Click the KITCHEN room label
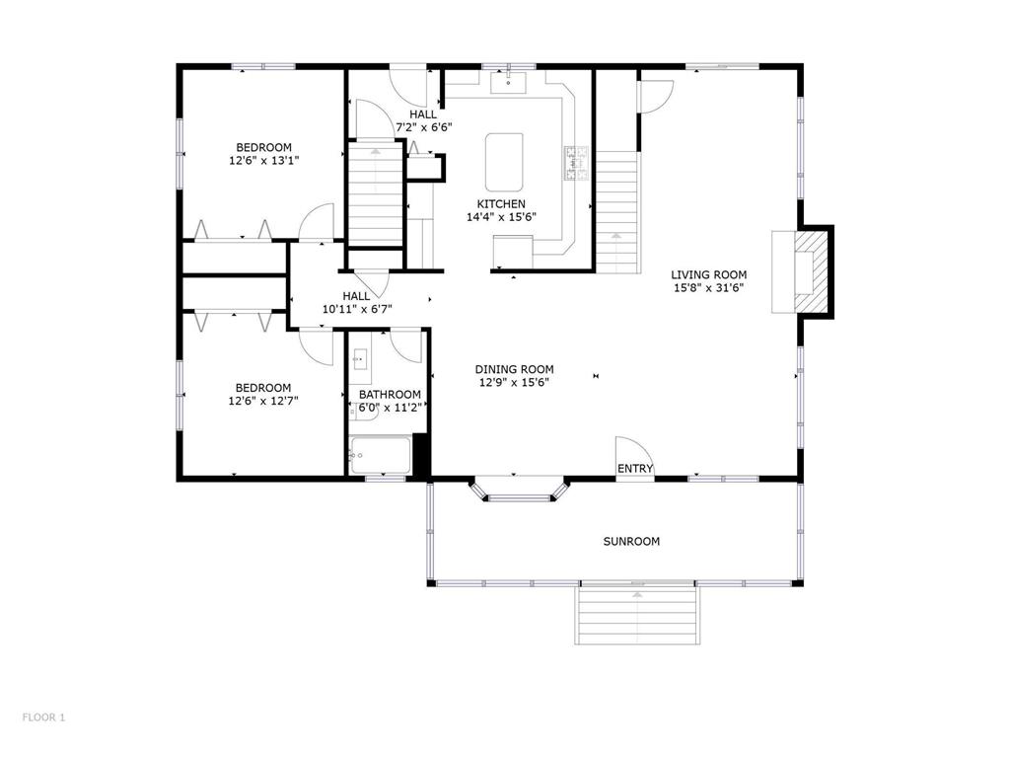501,203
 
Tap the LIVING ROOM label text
709,274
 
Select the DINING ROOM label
515,369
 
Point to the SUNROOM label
631,542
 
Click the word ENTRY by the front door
635,469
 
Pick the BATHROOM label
390,395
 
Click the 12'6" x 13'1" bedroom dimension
264,160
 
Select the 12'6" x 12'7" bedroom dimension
263,401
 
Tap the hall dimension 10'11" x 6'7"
357,309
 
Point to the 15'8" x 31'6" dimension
709,288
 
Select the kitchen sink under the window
508,83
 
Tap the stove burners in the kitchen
577,163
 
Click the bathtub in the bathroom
380,456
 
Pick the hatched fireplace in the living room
810,272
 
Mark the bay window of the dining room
519,491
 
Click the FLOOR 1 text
43,717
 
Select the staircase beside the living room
617,212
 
